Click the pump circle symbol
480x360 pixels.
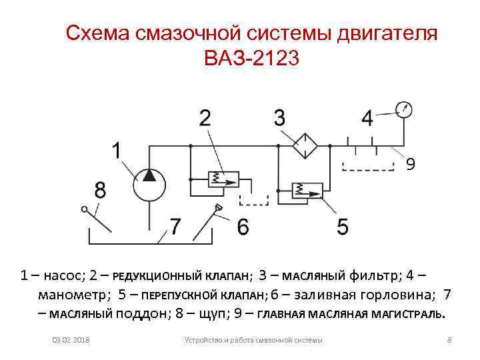149,182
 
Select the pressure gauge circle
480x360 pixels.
403,109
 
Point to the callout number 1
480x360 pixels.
117,151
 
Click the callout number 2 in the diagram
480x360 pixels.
205,118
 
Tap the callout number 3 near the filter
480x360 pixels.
279,118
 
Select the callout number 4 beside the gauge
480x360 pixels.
368,118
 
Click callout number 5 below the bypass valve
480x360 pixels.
342,227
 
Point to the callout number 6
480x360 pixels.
243,227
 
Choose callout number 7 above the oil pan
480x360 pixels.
175,227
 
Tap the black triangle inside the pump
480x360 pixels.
149,175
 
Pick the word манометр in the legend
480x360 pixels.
71,294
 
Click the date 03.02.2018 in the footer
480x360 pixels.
71,341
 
